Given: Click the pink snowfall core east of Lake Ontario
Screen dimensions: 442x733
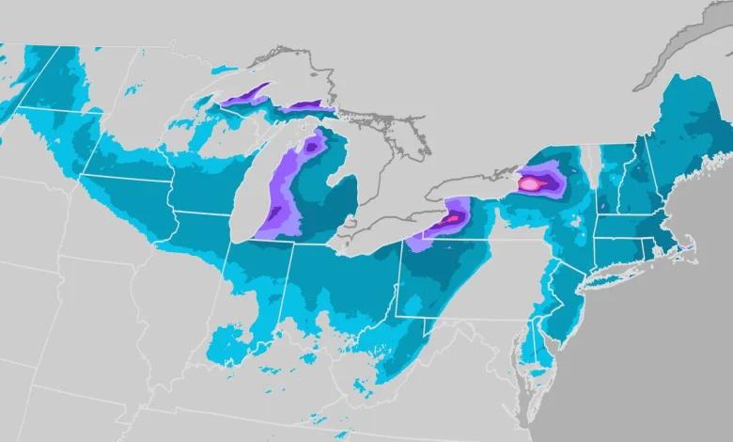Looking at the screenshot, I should coord(530,183).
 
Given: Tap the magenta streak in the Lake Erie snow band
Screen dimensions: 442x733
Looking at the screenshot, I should coord(450,219).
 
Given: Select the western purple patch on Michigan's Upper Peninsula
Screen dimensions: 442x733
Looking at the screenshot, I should coord(243,95).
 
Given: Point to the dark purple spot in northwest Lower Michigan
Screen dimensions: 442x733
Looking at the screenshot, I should coord(307,147).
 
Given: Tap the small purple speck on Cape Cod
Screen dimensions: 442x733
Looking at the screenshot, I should coord(689,246).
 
